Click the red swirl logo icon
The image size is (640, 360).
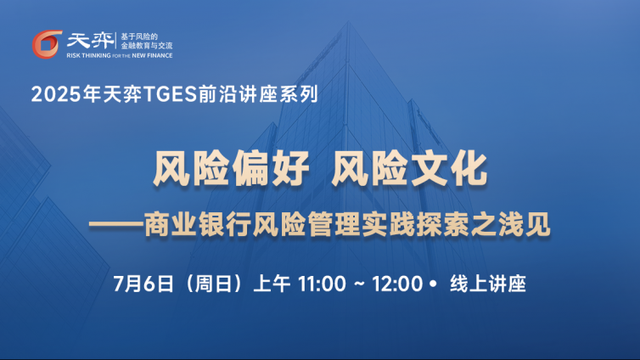pos(47,44)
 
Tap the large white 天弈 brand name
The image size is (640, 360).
pos(91,41)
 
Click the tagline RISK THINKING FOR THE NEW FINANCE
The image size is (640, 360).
pos(120,55)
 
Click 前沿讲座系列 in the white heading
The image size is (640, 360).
pos(258,94)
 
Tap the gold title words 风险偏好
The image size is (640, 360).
pos(231,169)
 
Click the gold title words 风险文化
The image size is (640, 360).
pos(409,169)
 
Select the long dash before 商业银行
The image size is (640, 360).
pos(116,224)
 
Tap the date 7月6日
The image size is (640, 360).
pos(143,284)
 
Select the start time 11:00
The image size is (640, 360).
pos(322,284)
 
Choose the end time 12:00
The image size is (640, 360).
pos(397,284)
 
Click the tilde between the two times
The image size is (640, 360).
pos(359,284)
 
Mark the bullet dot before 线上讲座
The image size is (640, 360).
pos(433,284)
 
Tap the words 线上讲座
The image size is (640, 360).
pos(488,284)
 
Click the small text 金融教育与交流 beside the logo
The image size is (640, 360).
pos(147,46)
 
